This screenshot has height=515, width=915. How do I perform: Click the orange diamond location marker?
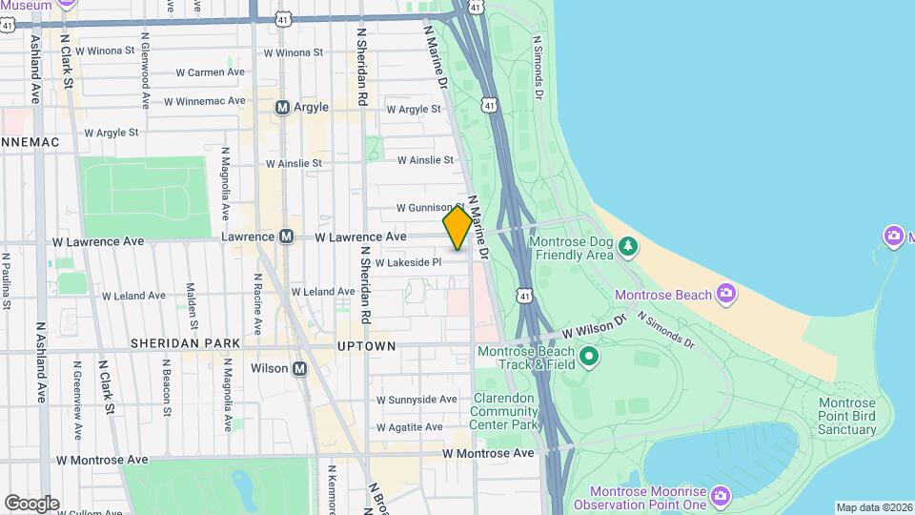click(457, 229)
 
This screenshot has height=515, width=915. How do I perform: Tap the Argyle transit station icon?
click(282, 108)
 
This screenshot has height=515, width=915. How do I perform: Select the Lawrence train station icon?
click(286, 237)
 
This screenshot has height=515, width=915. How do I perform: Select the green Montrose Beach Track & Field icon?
click(589, 359)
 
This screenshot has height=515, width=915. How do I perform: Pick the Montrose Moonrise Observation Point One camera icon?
click(720, 495)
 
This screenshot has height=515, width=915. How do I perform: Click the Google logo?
click(31, 503)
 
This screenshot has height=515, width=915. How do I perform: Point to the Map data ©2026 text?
click(873, 507)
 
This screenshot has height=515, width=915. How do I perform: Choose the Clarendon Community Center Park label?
click(504, 411)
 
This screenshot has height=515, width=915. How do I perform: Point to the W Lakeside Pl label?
click(409, 262)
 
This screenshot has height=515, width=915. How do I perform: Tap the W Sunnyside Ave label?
click(417, 400)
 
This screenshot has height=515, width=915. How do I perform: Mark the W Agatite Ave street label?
click(412, 427)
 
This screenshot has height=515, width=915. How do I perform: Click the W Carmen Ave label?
click(210, 72)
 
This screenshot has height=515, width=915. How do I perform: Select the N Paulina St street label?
click(6, 281)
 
